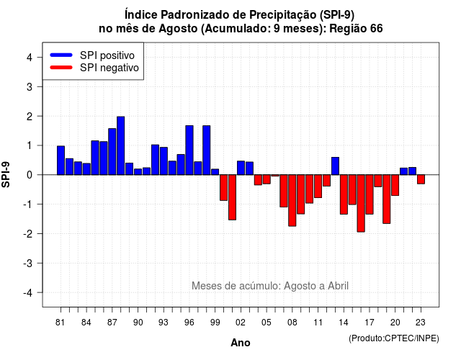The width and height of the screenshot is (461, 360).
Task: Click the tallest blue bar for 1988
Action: [120, 145]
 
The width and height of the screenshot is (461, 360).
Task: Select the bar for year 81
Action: [61, 160]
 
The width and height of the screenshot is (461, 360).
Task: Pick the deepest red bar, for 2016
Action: [361, 203]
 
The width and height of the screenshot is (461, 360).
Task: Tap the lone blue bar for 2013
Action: [335, 166]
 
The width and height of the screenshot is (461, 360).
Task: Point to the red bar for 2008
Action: [292, 200]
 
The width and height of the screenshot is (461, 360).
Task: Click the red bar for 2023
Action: [421, 179]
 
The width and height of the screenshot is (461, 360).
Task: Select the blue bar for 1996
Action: [189, 150]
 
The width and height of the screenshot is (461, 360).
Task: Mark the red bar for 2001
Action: [232, 197]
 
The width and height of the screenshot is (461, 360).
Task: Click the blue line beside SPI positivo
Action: [61, 55]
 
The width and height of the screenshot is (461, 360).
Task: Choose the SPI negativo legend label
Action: [109, 68]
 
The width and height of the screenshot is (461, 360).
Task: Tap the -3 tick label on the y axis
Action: [28, 264]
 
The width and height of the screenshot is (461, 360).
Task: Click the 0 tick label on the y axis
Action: [30, 175]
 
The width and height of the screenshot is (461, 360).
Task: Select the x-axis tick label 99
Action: [215, 323]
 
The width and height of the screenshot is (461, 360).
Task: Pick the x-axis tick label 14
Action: [344, 323]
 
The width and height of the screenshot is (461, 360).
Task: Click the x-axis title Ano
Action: [241, 343]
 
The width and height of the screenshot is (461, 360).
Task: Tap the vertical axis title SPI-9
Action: [6, 174]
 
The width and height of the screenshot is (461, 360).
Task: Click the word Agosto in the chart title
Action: [178, 29]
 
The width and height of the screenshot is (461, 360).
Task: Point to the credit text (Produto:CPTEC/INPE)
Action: [394, 338]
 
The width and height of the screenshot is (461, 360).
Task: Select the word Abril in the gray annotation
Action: [338, 286]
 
